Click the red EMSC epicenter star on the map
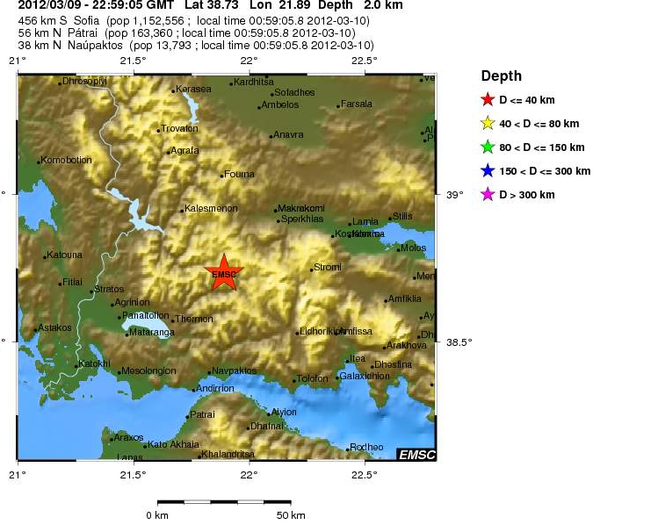point(224,274)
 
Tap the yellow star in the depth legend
point(488,124)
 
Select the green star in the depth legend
point(488,147)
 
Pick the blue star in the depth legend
point(488,171)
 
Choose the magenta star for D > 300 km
point(488,195)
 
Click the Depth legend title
point(501,76)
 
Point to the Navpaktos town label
point(235,370)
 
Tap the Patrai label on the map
point(203,414)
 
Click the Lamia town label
point(365,222)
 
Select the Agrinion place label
point(133,302)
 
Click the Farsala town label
point(357,104)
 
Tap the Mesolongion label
point(150,370)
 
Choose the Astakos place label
point(55,327)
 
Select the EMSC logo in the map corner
point(416,454)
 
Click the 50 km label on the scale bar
point(291,514)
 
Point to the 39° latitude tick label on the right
point(455,194)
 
